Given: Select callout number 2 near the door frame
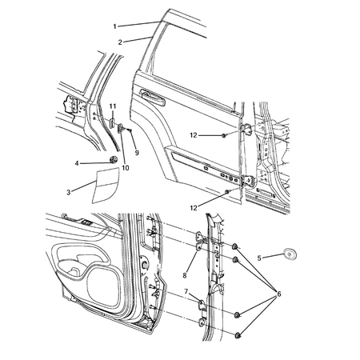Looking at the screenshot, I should (x=119, y=42).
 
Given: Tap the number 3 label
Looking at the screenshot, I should (x=68, y=191).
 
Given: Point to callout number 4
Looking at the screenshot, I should (x=77, y=163).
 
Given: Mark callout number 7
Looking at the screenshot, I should (x=186, y=292).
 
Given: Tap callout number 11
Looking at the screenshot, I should (x=113, y=106).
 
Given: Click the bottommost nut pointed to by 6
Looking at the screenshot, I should (x=238, y=332).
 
